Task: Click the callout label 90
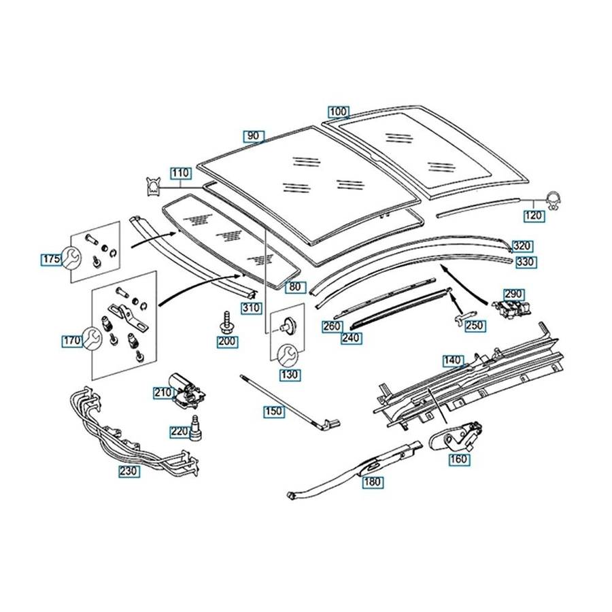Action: click(x=253, y=137)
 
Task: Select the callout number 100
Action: click(x=338, y=112)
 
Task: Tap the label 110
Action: click(x=180, y=173)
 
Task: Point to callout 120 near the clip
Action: click(x=534, y=216)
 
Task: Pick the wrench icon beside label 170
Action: click(x=91, y=338)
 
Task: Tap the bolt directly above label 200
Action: click(x=226, y=320)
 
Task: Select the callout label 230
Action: click(x=128, y=471)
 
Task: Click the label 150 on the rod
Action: click(x=273, y=411)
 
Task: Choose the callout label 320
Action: click(x=522, y=245)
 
